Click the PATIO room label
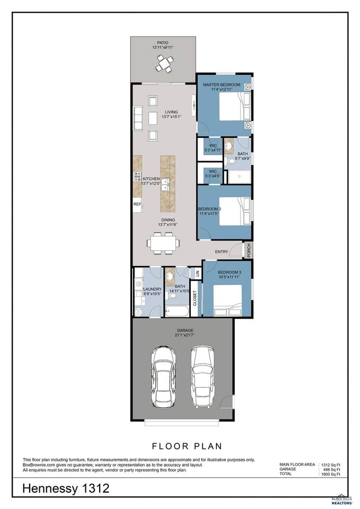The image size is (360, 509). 163,42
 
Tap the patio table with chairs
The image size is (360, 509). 163,63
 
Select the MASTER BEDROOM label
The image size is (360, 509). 222,85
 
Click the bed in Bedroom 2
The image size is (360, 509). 235,212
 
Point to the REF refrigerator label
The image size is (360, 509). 137,204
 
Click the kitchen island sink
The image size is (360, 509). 165,184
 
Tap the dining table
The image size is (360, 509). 163,242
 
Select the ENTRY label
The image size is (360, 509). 222,252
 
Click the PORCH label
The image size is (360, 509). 249,250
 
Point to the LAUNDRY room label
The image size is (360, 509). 152,289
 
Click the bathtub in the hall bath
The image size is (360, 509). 175,311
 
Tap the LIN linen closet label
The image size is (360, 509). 197,274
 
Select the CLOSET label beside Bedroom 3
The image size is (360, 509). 195,299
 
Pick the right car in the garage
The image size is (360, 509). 203,376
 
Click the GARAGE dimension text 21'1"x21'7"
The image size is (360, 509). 185,335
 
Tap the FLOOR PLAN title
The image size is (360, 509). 187,446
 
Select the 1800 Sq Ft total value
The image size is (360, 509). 330,474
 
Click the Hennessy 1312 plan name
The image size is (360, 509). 66,488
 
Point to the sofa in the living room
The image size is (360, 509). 138,118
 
